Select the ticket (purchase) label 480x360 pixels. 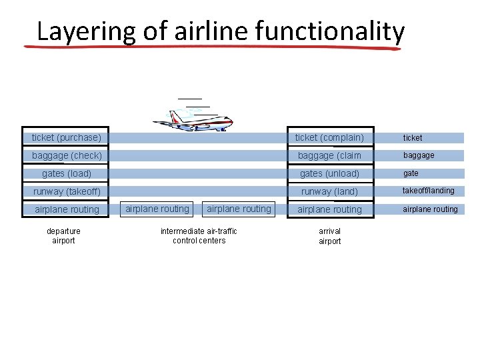(x=67, y=138)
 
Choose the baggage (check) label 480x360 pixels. (x=67, y=156)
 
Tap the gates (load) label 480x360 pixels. (x=67, y=174)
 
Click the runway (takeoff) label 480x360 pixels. (x=67, y=192)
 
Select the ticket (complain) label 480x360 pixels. (x=329, y=138)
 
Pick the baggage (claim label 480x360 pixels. (x=329, y=156)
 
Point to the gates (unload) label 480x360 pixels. (x=329, y=174)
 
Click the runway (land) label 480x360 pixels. (x=329, y=192)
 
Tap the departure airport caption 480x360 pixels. (x=64, y=236)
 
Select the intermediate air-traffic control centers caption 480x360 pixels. (x=199, y=236)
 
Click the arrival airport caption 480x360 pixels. (x=329, y=236)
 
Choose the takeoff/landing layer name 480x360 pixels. (x=428, y=191)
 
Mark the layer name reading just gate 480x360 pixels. (x=411, y=173)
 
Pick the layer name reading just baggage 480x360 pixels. (x=418, y=155)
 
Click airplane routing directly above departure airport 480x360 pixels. (x=67, y=209)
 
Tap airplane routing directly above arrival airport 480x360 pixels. (x=329, y=209)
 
